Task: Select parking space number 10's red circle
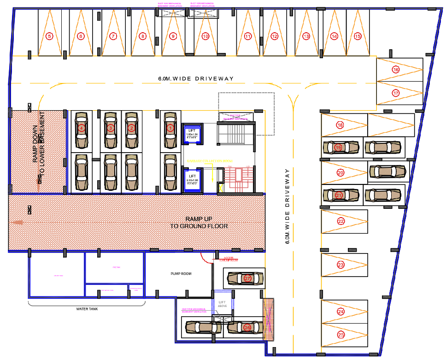[205, 36]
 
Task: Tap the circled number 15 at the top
[358, 36]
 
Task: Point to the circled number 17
[396, 93]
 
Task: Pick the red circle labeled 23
[341, 265]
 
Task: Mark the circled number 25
[341, 335]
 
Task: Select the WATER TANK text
[87, 309]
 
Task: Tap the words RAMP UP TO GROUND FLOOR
[199, 223]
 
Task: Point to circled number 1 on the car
[170, 128]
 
